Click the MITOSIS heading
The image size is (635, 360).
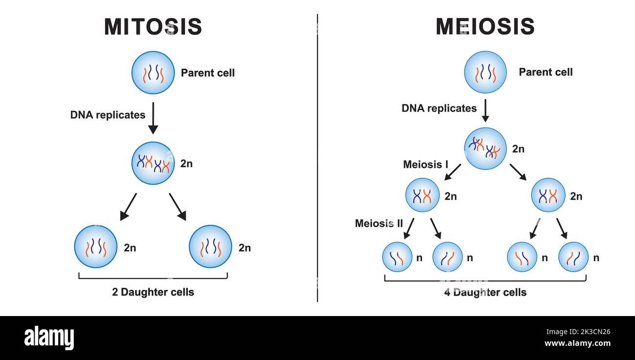coord(153,27)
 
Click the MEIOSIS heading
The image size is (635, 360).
coord(485,27)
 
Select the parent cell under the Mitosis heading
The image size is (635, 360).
coord(153,72)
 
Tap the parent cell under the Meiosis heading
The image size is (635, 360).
coord(485,72)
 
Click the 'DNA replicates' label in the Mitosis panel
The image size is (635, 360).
coord(108,115)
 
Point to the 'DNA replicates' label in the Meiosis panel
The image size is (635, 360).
coord(439,108)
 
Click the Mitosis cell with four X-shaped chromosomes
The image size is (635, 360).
coord(153,163)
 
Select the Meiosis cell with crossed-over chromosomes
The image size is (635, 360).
coord(485,148)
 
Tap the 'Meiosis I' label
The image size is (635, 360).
coord(425,165)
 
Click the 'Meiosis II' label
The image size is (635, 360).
coord(379,223)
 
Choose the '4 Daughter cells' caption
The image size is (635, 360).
coord(485,293)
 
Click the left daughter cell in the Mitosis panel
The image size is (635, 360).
coord(96,247)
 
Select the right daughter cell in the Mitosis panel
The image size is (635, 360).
coord(210,247)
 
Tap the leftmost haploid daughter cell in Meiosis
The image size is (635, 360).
coord(397,257)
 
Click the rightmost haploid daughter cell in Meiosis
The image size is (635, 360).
coord(573,257)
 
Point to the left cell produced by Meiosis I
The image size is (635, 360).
coord(423,195)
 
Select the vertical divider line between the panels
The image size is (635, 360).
coord(317,156)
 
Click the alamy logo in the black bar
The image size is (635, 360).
coord(49,338)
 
